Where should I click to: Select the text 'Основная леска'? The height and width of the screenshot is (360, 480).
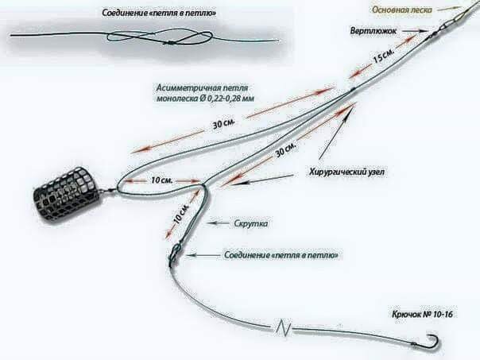tap(404, 10)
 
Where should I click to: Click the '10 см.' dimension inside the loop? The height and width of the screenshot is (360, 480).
tap(161, 181)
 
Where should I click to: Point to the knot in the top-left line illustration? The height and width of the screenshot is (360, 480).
tap(178, 37)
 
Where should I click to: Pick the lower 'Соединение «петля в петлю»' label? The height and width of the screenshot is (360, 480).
tap(282, 255)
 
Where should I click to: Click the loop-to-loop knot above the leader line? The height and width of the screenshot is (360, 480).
tap(174, 257)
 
